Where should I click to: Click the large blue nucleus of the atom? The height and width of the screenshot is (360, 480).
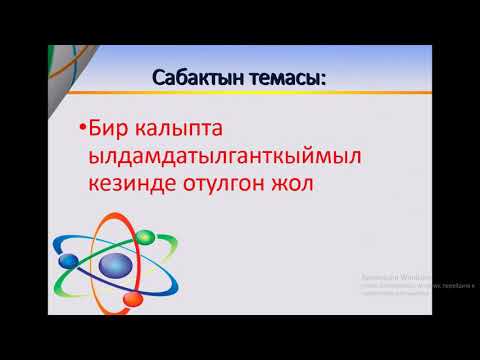(116, 267)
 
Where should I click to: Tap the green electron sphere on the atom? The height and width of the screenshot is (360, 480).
(144, 238)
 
